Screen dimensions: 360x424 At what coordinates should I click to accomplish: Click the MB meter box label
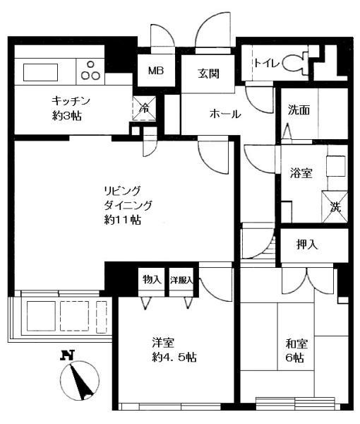click(156, 71)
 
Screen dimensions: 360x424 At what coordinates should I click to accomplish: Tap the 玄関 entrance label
click(208, 73)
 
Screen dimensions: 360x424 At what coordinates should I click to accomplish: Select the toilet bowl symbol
click(295, 63)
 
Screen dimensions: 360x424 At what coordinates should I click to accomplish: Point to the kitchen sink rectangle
click(40, 72)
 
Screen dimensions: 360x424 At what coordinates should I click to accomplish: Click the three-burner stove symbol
click(91, 71)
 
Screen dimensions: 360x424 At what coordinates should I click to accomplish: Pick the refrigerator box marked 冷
click(144, 108)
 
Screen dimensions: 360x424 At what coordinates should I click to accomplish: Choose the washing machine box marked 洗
click(335, 207)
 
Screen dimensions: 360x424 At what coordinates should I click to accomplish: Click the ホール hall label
click(225, 114)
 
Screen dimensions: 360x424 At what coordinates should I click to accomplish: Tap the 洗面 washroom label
click(299, 110)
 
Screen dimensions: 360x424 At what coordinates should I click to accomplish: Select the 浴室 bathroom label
click(301, 173)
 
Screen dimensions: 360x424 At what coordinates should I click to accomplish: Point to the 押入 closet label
click(307, 245)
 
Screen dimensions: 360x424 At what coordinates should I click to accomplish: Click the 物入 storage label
click(152, 279)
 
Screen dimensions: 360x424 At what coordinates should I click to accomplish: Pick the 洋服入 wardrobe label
click(181, 280)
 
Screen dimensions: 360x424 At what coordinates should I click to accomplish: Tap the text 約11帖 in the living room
click(123, 220)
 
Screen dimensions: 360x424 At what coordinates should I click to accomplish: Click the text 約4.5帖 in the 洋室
click(174, 358)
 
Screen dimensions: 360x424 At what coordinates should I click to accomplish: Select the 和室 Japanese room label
click(296, 344)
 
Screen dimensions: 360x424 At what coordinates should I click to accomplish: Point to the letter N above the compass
click(68, 355)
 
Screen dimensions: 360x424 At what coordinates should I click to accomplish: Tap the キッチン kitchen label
click(71, 100)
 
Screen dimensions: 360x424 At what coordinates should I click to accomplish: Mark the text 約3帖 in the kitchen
click(67, 116)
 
